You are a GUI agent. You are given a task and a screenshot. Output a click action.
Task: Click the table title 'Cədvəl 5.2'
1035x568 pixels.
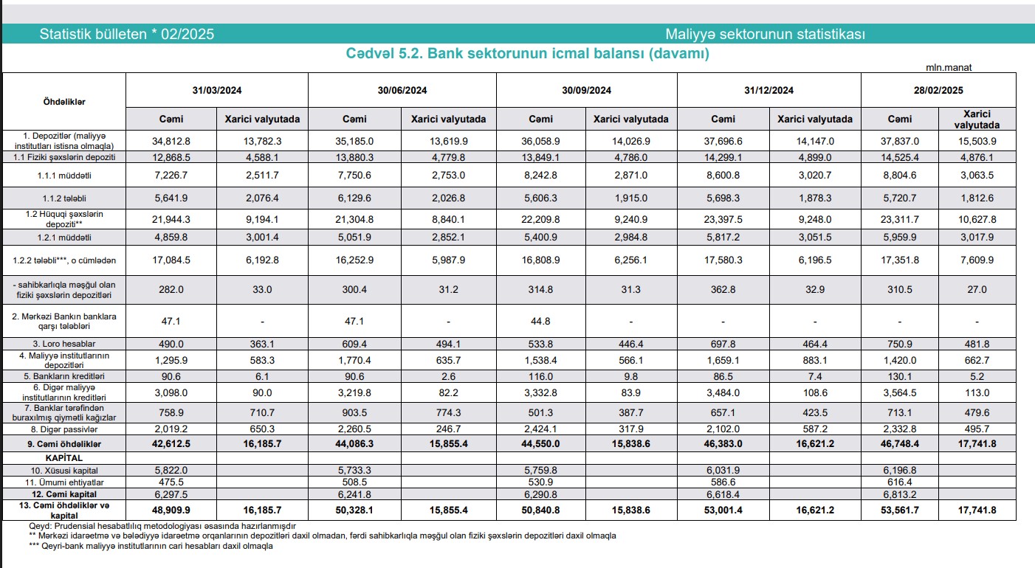tap(527, 54)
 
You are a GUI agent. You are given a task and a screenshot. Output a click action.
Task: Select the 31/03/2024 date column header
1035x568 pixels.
tap(217, 91)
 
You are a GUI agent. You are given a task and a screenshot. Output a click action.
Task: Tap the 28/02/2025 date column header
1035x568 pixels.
tap(938, 91)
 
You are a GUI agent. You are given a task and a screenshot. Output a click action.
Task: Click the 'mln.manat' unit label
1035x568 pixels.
tap(949, 67)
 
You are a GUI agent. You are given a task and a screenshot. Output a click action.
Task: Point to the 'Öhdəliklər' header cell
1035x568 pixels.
tap(65, 102)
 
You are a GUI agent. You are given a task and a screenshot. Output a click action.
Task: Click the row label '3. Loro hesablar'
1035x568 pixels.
tap(65, 344)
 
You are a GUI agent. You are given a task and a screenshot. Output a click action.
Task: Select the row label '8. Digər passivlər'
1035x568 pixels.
tap(65, 429)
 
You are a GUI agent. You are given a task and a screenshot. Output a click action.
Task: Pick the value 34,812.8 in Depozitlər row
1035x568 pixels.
tap(171, 141)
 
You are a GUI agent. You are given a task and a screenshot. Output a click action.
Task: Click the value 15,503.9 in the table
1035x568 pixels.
tap(976, 141)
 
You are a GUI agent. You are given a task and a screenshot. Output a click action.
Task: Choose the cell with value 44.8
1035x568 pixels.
tap(541, 322)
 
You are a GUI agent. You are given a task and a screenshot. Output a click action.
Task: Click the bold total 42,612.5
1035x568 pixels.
tap(171, 444)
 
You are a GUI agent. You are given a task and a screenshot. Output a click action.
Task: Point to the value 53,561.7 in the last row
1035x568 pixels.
tap(898, 509)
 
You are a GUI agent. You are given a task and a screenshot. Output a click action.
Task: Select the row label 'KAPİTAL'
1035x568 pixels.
tap(65, 457)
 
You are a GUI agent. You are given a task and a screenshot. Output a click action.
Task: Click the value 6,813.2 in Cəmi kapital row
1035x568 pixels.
tap(898, 494)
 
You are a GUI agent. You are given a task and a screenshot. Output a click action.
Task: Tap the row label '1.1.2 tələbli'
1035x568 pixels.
tap(65, 198)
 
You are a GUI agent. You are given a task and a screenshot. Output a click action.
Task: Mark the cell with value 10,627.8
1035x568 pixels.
tap(976, 219)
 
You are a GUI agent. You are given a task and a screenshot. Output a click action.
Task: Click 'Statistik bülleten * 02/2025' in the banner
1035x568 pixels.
tap(127, 35)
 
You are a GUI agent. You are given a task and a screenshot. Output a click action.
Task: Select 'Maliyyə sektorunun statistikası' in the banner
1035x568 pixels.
tap(765, 35)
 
